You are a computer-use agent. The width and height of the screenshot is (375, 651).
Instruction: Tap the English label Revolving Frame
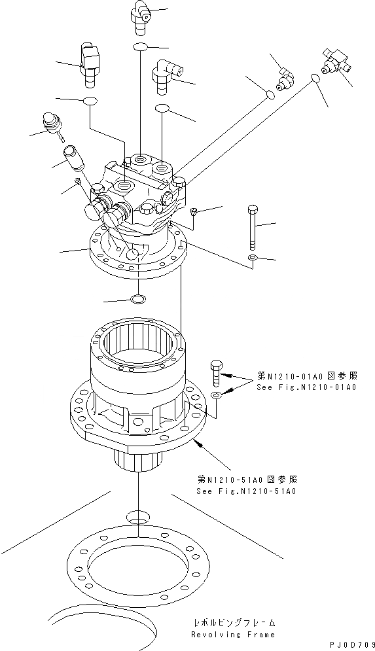click(233, 634)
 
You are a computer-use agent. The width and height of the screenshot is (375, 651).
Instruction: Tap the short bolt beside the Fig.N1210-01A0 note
click(217, 375)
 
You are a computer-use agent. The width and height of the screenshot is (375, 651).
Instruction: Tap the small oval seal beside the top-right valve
click(315, 79)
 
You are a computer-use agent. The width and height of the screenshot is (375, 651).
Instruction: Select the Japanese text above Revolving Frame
click(234, 622)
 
